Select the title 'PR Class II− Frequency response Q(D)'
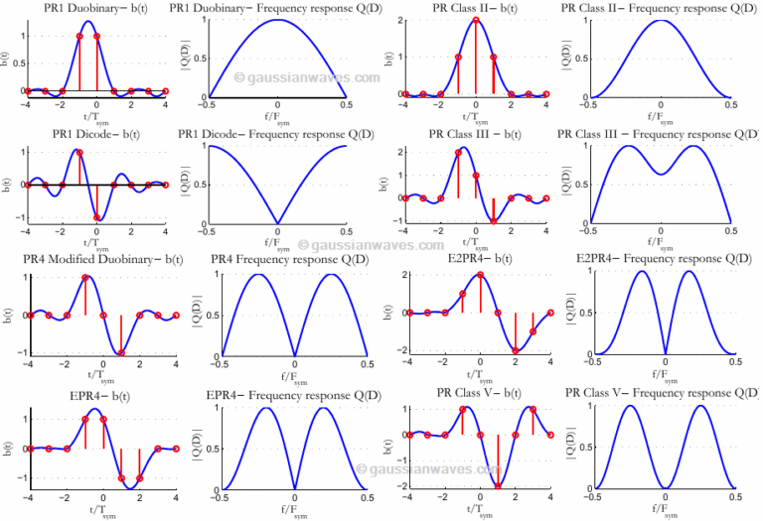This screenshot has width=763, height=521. [x=658, y=8]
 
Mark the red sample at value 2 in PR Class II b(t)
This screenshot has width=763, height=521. [x=477, y=20]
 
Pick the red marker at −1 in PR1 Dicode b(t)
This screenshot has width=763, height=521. [x=97, y=218]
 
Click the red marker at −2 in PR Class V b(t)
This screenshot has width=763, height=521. [x=498, y=486]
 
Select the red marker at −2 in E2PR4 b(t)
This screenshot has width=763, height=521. [x=516, y=350]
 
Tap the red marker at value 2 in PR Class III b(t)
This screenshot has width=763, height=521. [x=458, y=153]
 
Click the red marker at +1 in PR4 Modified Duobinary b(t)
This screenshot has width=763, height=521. [x=85, y=278]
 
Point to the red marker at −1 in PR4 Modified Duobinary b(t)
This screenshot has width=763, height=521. [x=121, y=352]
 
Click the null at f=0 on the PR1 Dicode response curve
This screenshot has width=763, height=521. [x=278, y=223]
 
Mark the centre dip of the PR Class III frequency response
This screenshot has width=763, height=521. [x=662, y=175]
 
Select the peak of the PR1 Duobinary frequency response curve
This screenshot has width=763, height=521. [x=278, y=20]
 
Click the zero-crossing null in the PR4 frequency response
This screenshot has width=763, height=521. [x=294, y=353]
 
